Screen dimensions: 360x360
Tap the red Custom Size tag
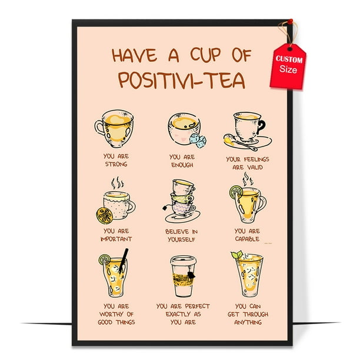pos(288,65)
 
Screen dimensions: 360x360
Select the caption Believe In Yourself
pos(182,235)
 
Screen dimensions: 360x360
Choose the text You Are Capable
pos(248,235)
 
